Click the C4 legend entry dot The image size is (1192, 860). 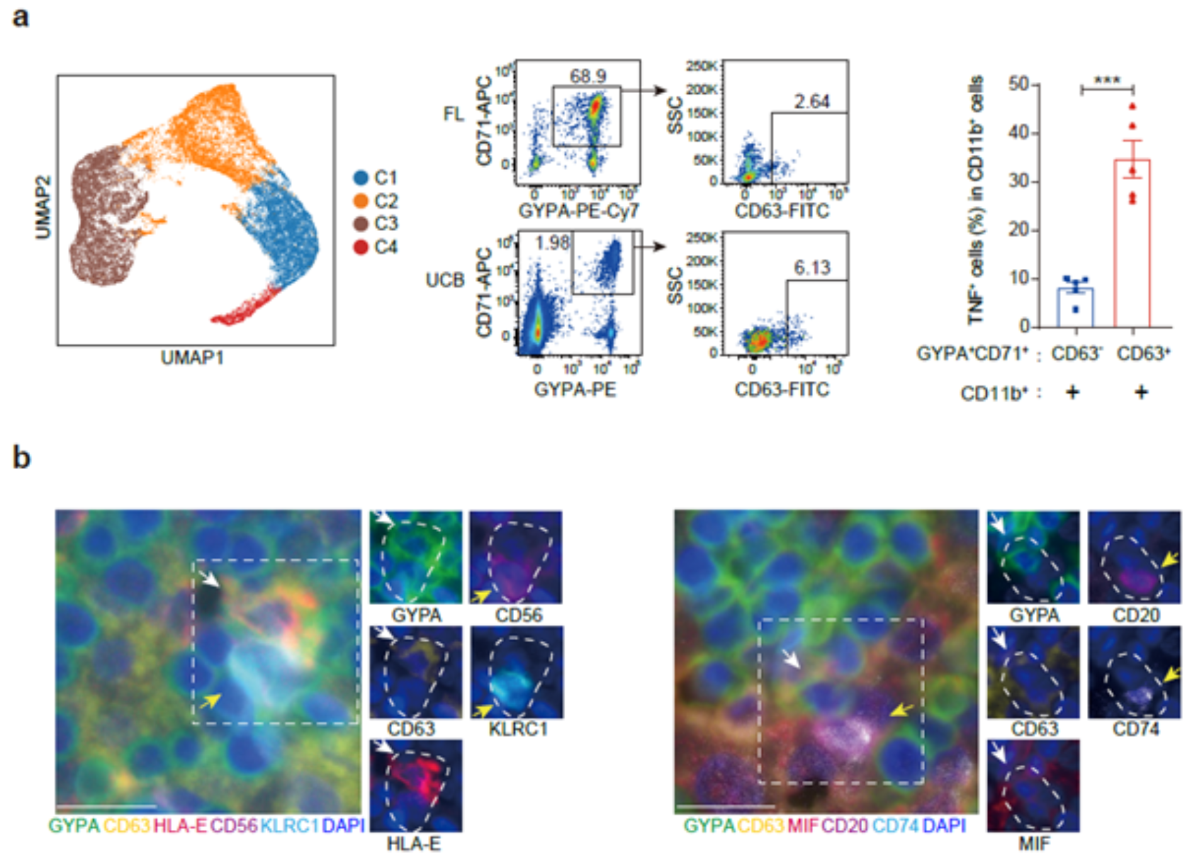point(361,247)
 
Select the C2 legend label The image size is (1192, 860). point(386,201)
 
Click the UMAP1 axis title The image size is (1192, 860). point(193,358)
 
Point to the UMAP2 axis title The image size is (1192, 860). point(43,207)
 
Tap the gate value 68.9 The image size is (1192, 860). point(588,76)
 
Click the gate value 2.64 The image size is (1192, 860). point(811,101)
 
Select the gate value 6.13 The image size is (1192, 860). point(812,268)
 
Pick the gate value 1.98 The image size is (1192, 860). point(552,242)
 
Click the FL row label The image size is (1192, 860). point(453,114)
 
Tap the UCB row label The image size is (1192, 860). point(445,280)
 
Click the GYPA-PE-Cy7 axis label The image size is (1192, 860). point(578,211)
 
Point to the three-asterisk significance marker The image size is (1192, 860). point(1107,81)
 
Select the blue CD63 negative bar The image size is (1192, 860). point(1075,308)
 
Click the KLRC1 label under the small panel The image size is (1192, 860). point(518,729)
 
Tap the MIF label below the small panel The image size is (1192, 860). point(1034,843)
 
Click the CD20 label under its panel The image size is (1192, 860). point(1135,615)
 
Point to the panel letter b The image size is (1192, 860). point(21,457)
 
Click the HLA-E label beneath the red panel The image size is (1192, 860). point(413,844)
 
